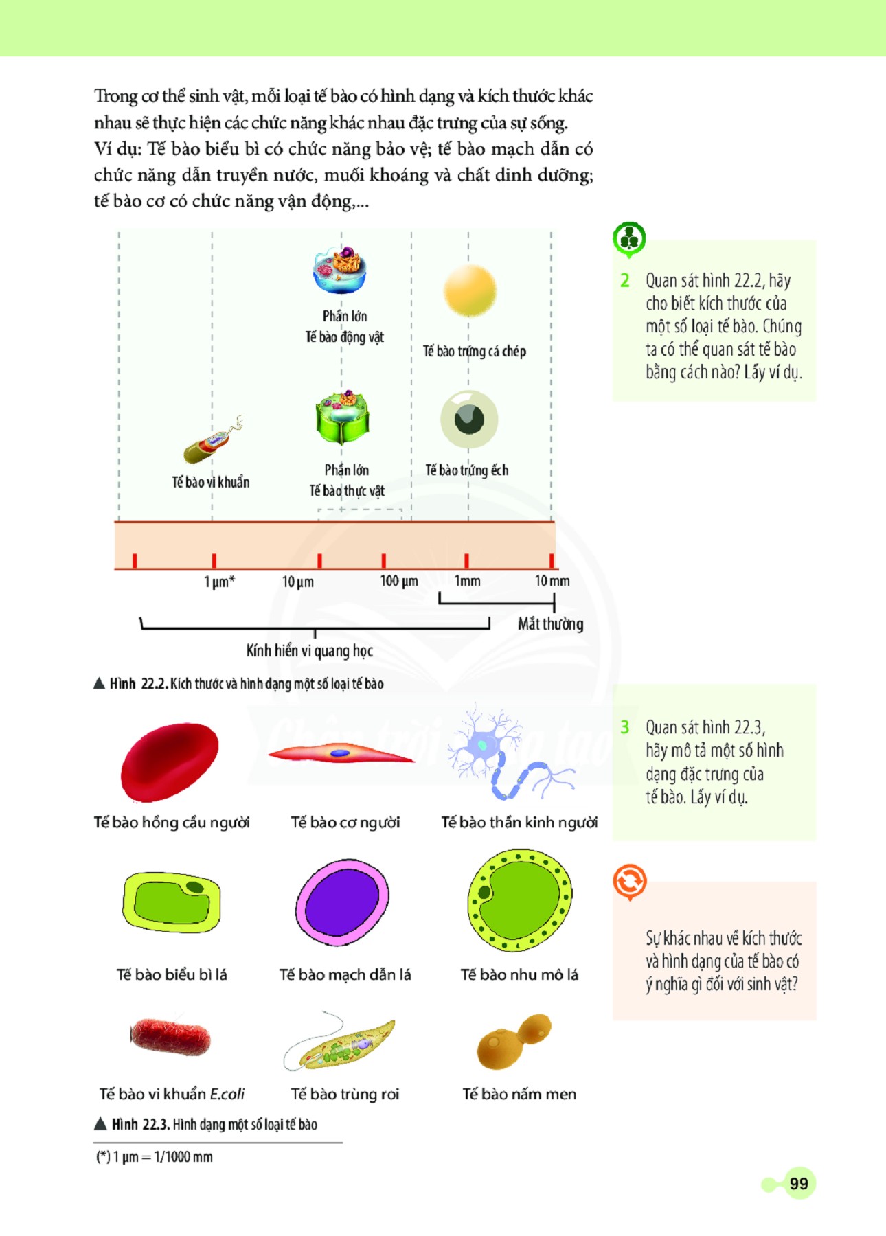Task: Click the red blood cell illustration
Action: click(x=169, y=762)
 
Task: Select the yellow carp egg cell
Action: click(x=470, y=290)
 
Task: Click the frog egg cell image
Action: click(x=469, y=419)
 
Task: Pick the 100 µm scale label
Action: click(x=398, y=581)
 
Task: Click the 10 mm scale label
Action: click(x=552, y=581)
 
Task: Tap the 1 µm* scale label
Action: click(x=219, y=582)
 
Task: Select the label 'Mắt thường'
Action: click(x=550, y=623)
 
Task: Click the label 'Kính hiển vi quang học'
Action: click(x=309, y=650)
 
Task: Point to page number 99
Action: click(x=798, y=1183)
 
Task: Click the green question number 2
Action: click(x=624, y=280)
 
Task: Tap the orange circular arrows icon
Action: click(x=629, y=881)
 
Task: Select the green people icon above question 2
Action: click(x=628, y=238)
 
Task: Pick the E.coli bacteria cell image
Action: click(x=170, y=1036)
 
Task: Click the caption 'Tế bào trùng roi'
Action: click(x=345, y=1094)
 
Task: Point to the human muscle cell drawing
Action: click(x=341, y=753)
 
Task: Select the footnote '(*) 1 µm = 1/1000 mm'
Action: click(x=155, y=1157)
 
